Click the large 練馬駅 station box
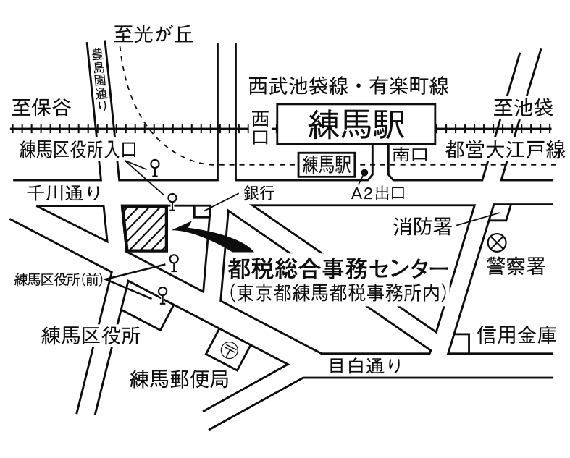coord(357,124)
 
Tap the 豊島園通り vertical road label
coord(99,79)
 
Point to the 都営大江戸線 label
coord(505,152)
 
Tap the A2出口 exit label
coord(377,193)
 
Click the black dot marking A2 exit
coord(364,174)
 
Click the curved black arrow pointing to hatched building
coord(210,232)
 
